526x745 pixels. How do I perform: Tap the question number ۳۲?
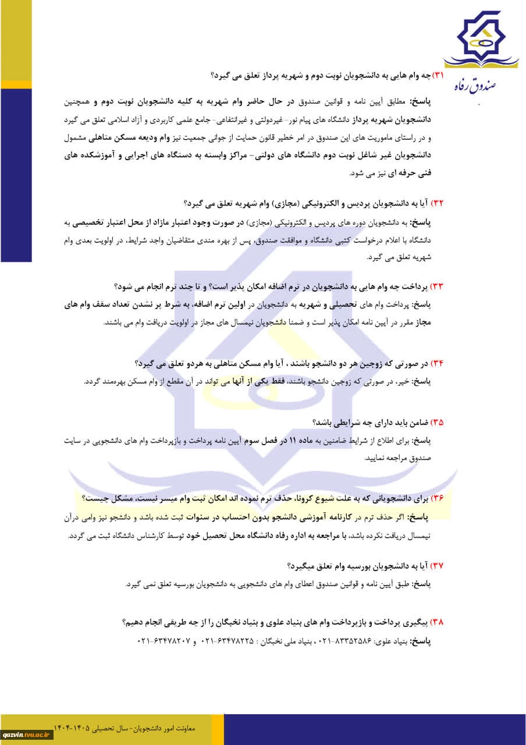tap(437, 203)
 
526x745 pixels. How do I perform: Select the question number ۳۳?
tap(437, 286)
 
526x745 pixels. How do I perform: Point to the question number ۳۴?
tap(437, 364)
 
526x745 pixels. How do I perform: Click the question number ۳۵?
tap(437, 423)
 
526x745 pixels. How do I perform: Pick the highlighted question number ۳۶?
tap(437, 498)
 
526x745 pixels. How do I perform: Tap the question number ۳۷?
tap(437, 565)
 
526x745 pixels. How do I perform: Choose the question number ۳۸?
tap(437, 622)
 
